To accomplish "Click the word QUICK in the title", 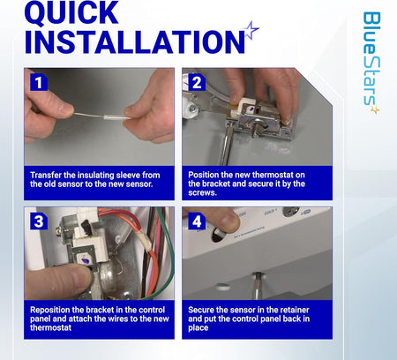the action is click(71, 12).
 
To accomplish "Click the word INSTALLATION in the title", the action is click(135, 41).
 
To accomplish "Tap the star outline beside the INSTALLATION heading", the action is click(251, 30).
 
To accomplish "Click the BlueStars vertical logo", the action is click(371, 63).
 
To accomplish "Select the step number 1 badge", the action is click(39, 82).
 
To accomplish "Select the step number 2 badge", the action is click(197, 82).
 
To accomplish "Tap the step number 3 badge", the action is click(39, 221).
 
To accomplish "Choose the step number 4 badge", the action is click(197, 221).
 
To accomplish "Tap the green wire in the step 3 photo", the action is click(162, 232).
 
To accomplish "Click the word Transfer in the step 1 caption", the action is click(46, 176).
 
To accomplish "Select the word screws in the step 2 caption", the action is click(201, 193).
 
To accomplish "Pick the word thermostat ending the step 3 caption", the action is click(50, 327).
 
